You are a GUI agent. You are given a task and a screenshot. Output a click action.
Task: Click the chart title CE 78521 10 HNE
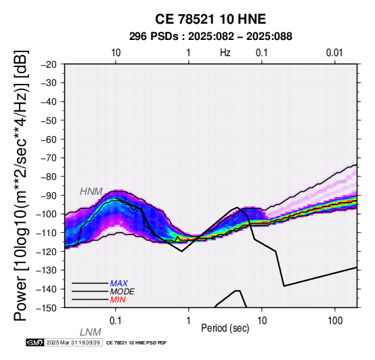point(211,19)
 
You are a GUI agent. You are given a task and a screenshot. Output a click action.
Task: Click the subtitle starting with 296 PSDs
point(211,37)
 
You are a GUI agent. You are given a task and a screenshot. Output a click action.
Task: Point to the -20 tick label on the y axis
point(49,64)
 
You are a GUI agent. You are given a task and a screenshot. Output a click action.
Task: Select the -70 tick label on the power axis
point(49,158)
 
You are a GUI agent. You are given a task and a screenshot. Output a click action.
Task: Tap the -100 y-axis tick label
point(47,214)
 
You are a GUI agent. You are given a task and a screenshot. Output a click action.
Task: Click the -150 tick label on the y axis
point(47,308)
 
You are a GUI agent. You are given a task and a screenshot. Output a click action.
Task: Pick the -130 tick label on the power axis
point(47,271)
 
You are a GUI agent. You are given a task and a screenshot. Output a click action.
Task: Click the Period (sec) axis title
point(225,328)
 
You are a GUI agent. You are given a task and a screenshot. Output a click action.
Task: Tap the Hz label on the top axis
point(225,53)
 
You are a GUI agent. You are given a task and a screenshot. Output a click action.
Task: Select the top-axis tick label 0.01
point(334,53)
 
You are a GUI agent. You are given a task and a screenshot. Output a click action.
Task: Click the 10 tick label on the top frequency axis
point(116,53)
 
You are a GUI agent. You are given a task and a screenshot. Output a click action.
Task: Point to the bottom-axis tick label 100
point(335,321)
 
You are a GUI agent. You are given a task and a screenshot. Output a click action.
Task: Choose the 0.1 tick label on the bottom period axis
point(116,321)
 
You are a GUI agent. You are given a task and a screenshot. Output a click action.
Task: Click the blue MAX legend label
point(119,284)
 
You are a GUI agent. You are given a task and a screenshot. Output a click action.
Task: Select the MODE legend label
point(123,292)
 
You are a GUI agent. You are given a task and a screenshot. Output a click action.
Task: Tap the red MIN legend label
point(118,300)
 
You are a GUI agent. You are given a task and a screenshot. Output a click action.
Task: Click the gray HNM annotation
point(91,192)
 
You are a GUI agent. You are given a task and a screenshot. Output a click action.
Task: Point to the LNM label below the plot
point(91,332)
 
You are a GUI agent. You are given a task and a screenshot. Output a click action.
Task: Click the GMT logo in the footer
point(35,342)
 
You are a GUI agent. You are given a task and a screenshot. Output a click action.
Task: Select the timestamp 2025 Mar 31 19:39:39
point(73,342)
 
